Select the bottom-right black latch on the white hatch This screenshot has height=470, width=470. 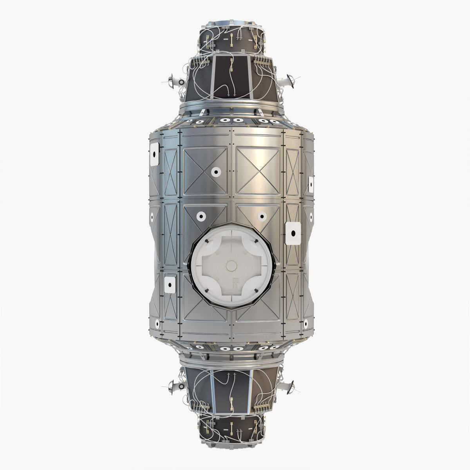255,291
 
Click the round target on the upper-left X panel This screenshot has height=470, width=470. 215,172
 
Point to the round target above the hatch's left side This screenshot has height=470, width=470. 201,216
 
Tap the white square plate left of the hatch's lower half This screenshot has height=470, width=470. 170,285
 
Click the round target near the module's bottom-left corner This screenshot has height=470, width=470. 157,324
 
